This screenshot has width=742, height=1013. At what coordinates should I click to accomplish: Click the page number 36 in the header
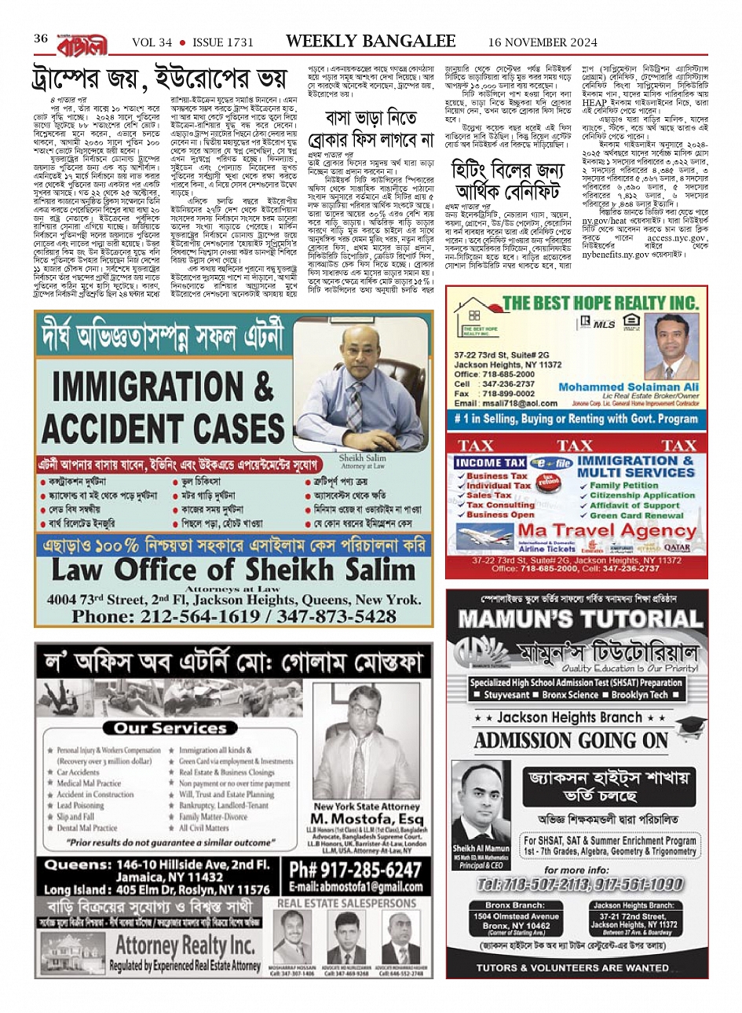coord(41,39)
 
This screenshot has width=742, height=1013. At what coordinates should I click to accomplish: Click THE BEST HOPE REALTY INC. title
coord(600,303)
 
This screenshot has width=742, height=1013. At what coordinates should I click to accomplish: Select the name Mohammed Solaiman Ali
coord(628,387)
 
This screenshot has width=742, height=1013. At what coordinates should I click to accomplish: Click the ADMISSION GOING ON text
coord(571,740)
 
